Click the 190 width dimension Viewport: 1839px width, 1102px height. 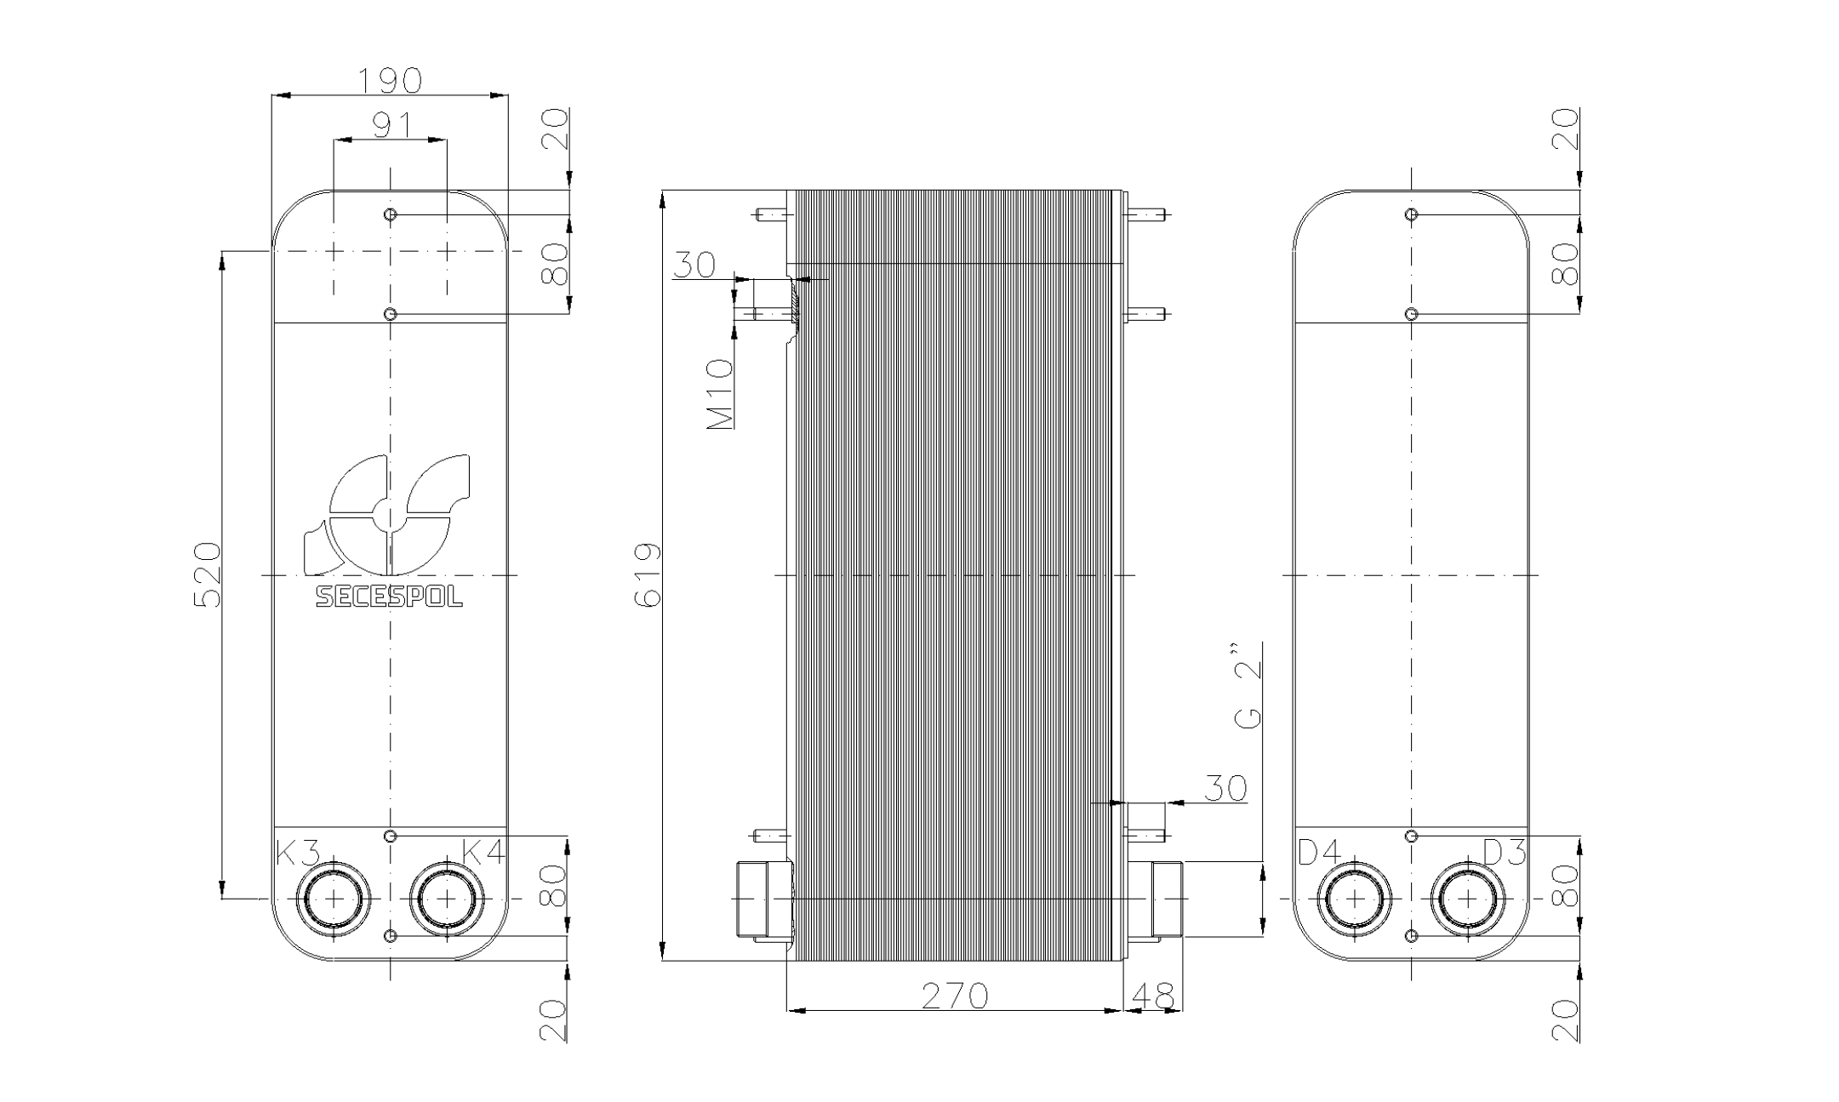pyautogui.click(x=390, y=81)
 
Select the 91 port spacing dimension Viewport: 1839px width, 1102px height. pyautogui.click(x=391, y=125)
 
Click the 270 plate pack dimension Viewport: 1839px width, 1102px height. pyautogui.click(x=955, y=995)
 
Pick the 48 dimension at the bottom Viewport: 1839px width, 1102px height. pyautogui.click(x=1154, y=995)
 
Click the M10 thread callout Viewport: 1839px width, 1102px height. pyautogui.click(x=720, y=393)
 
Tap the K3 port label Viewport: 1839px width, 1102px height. pyautogui.click(x=298, y=852)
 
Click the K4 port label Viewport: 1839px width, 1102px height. pyautogui.click(x=483, y=852)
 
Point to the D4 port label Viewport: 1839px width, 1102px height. pyautogui.click(x=1320, y=852)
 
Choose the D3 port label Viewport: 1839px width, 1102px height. pyautogui.click(x=1505, y=852)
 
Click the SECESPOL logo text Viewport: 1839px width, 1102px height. pyautogui.click(x=390, y=597)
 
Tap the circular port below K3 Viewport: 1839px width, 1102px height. pyautogui.click(x=334, y=899)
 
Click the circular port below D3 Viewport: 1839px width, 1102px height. pyautogui.click(x=1468, y=899)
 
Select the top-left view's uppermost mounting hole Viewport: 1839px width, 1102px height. pyautogui.click(x=391, y=214)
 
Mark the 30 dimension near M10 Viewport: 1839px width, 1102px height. pyautogui.click(x=694, y=265)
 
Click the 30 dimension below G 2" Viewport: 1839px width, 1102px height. pyautogui.click(x=1225, y=788)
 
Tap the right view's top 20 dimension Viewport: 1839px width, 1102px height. pyautogui.click(x=1566, y=129)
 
